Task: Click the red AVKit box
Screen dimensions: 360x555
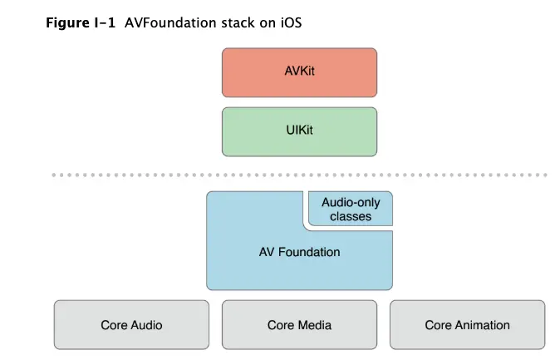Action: pos(298,72)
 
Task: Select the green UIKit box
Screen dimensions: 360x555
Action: pos(298,131)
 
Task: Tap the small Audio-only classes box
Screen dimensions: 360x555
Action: pos(350,209)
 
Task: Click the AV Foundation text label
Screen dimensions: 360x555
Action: pos(298,251)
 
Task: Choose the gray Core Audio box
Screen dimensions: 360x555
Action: pos(131,325)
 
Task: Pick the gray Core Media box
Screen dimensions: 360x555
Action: pos(298,325)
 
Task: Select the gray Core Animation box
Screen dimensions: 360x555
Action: pos(467,325)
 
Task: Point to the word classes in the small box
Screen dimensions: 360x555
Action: pos(350,216)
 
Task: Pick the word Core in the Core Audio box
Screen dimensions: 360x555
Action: pos(114,325)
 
